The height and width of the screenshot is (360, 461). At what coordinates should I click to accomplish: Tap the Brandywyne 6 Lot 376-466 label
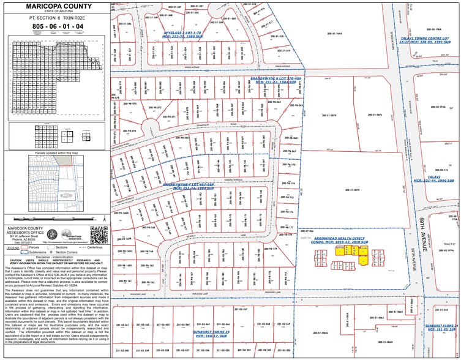pos(276,80)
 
